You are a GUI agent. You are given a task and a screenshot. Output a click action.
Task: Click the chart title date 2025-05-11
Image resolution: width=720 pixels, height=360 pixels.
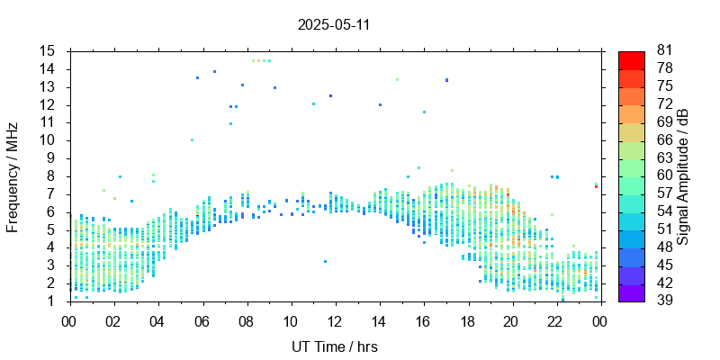pos(334,24)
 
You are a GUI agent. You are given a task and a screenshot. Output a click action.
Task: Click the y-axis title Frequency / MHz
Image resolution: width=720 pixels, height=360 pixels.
pos(13,176)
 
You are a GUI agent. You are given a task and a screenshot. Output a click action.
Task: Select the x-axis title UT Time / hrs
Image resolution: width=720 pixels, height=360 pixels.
pos(334,346)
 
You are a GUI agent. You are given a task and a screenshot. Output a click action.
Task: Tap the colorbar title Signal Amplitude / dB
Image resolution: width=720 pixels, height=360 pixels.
pos(683,176)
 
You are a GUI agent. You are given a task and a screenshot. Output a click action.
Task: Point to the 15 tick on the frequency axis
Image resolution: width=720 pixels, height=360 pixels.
pos(48,50)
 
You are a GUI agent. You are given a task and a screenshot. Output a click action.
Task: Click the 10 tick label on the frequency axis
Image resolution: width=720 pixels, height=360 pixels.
pos(48,140)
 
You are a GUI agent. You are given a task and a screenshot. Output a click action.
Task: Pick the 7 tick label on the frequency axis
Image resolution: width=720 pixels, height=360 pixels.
pos(51,193)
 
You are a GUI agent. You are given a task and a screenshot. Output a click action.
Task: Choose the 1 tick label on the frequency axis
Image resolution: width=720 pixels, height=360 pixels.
pos(51,301)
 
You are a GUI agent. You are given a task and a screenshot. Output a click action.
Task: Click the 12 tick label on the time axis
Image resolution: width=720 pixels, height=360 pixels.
pos(335,320)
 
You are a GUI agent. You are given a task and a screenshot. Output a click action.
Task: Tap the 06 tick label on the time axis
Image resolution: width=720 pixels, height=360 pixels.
pos(202,320)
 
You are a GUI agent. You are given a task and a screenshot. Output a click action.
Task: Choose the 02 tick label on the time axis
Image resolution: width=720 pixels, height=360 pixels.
pos(113,320)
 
